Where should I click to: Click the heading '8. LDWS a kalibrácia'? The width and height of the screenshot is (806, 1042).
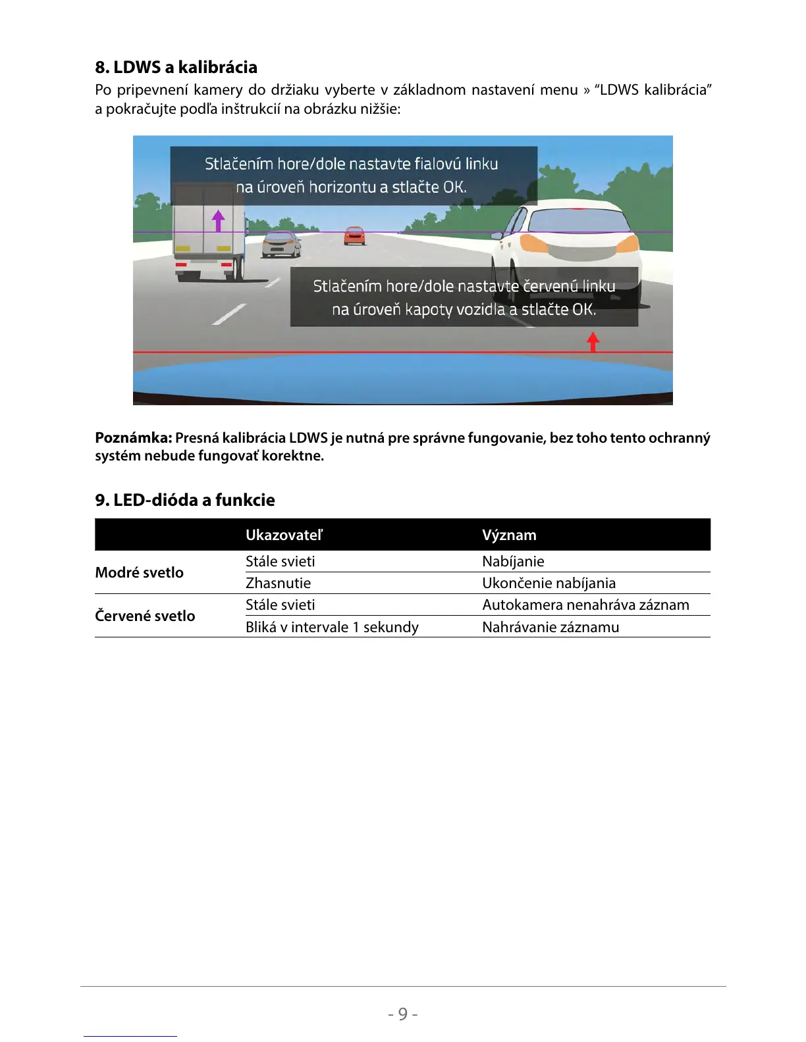176,67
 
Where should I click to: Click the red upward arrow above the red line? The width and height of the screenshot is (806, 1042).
593,341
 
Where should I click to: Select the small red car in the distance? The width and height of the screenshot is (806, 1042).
354,236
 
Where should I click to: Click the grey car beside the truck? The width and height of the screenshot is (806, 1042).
281,245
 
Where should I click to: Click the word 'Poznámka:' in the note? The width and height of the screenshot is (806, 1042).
134,438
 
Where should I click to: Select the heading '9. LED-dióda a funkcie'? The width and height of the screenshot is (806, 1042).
185,500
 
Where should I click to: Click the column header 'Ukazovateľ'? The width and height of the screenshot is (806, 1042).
284,535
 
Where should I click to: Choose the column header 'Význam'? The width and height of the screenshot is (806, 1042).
509,535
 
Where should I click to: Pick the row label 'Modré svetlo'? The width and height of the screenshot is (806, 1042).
139,572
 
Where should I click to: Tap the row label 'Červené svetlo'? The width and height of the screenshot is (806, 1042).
145,616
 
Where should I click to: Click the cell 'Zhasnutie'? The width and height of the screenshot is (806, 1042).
278,583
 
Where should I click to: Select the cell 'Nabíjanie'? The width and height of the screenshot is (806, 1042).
513,561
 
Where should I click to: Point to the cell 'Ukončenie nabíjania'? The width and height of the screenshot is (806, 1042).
549,583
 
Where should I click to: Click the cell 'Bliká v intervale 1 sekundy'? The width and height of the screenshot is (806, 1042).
332,627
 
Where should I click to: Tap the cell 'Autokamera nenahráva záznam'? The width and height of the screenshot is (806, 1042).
585,605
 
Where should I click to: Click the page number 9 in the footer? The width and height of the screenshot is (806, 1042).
402,1014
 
